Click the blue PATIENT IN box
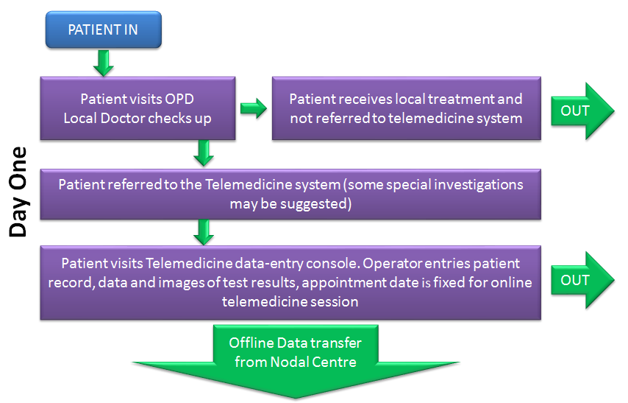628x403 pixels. coord(104,29)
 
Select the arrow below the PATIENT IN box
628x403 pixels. coord(104,63)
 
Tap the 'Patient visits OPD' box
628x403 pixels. coord(138,108)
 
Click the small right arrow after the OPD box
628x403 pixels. coord(254,108)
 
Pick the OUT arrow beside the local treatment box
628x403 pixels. coord(582,111)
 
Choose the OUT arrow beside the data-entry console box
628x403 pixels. coord(582,280)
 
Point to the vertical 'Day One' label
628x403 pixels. coord(18,192)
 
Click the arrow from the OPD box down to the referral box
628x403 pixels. coord(204,153)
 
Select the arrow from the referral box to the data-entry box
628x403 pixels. coord(204,232)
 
